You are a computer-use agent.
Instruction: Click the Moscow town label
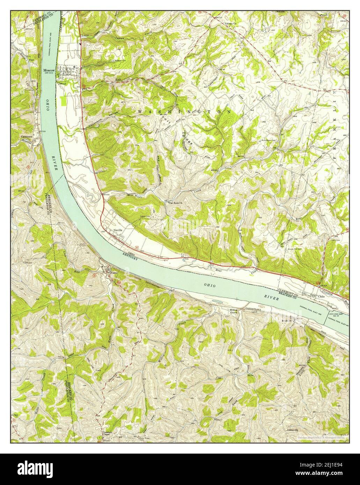48,70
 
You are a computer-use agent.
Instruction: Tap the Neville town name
118,231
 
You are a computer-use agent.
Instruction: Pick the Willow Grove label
234,311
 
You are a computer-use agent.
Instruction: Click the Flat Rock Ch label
176,203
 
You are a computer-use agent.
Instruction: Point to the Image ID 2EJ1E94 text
321,465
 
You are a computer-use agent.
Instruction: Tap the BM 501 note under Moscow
48,73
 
